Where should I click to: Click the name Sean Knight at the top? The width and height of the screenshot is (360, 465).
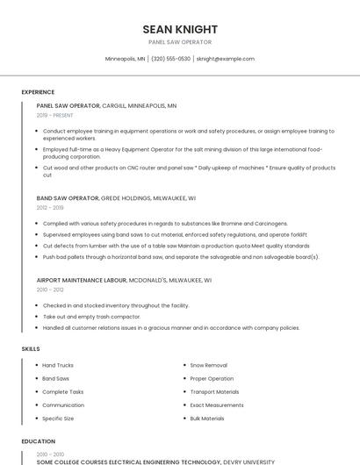(180, 29)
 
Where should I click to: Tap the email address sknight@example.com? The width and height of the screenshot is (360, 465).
(226, 59)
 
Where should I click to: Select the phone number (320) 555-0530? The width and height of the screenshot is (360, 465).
(170, 59)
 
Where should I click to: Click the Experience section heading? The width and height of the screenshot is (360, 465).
(38, 92)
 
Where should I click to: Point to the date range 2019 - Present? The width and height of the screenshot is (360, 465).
(55, 115)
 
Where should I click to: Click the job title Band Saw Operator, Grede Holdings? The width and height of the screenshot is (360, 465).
(116, 198)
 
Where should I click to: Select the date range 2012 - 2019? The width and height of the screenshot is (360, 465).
(50, 208)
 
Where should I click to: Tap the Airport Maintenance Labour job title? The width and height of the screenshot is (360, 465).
(124, 281)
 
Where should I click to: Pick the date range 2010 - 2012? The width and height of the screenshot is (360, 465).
(50, 290)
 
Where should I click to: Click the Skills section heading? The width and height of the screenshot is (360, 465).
(31, 349)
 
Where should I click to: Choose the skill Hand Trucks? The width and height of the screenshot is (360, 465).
(58, 365)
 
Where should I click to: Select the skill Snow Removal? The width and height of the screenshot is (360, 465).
(208, 365)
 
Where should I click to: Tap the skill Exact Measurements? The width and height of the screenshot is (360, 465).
(217, 405)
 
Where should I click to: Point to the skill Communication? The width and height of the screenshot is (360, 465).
(63, 405)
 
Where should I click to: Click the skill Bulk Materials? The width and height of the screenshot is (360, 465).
(207, 418)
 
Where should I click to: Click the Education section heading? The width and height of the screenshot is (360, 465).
(39, 442)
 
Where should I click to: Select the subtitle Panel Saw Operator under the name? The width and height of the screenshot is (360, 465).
(180, 42)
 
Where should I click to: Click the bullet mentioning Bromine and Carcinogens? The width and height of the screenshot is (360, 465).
(153, 224)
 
